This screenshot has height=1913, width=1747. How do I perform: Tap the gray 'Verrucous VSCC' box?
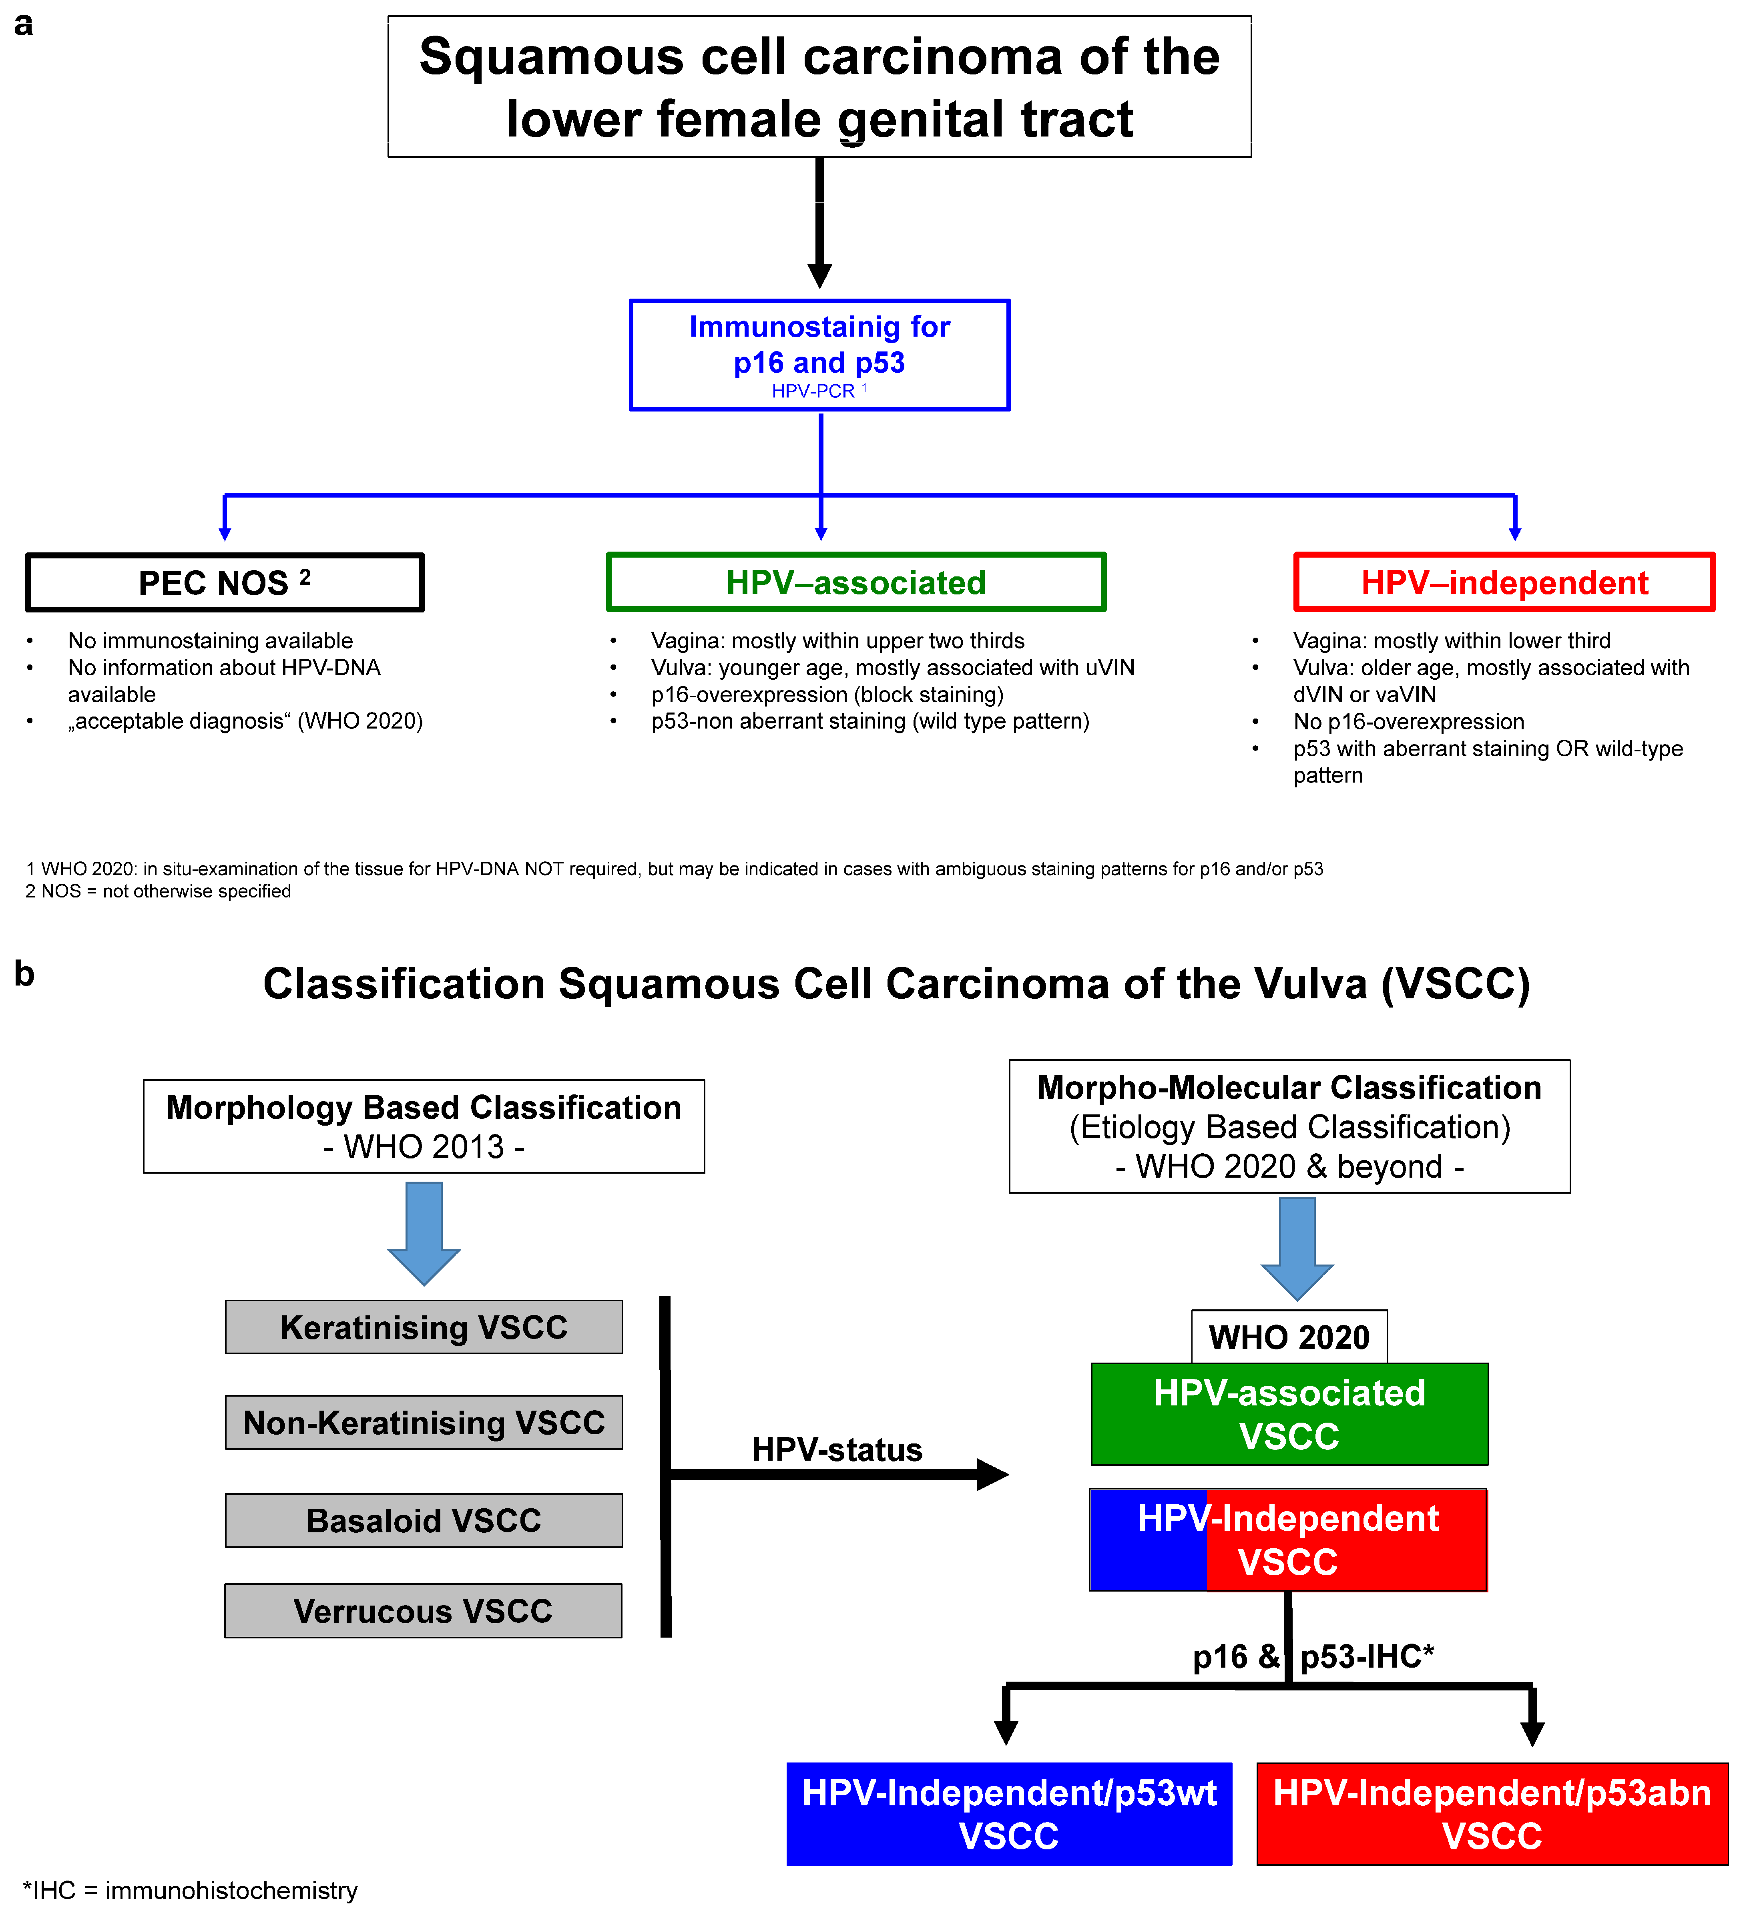tap(423, 1610)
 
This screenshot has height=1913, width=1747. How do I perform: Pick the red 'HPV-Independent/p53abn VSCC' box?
tap(1492, 1813)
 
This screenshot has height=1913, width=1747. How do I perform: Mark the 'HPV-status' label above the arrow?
tap(837, 1449)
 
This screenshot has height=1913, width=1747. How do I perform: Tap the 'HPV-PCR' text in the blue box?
tap(813, 391)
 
